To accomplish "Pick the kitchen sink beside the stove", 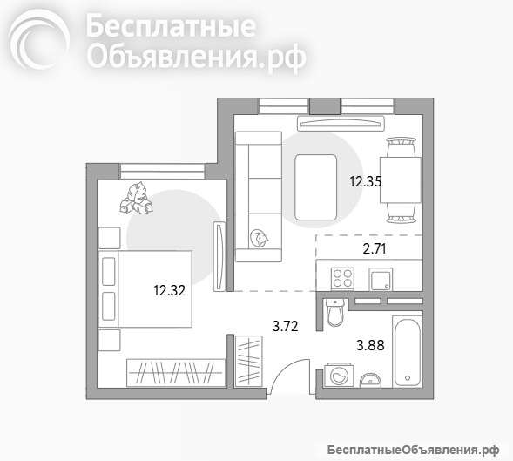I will (381, 280).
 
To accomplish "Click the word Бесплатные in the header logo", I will (171, 28).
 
